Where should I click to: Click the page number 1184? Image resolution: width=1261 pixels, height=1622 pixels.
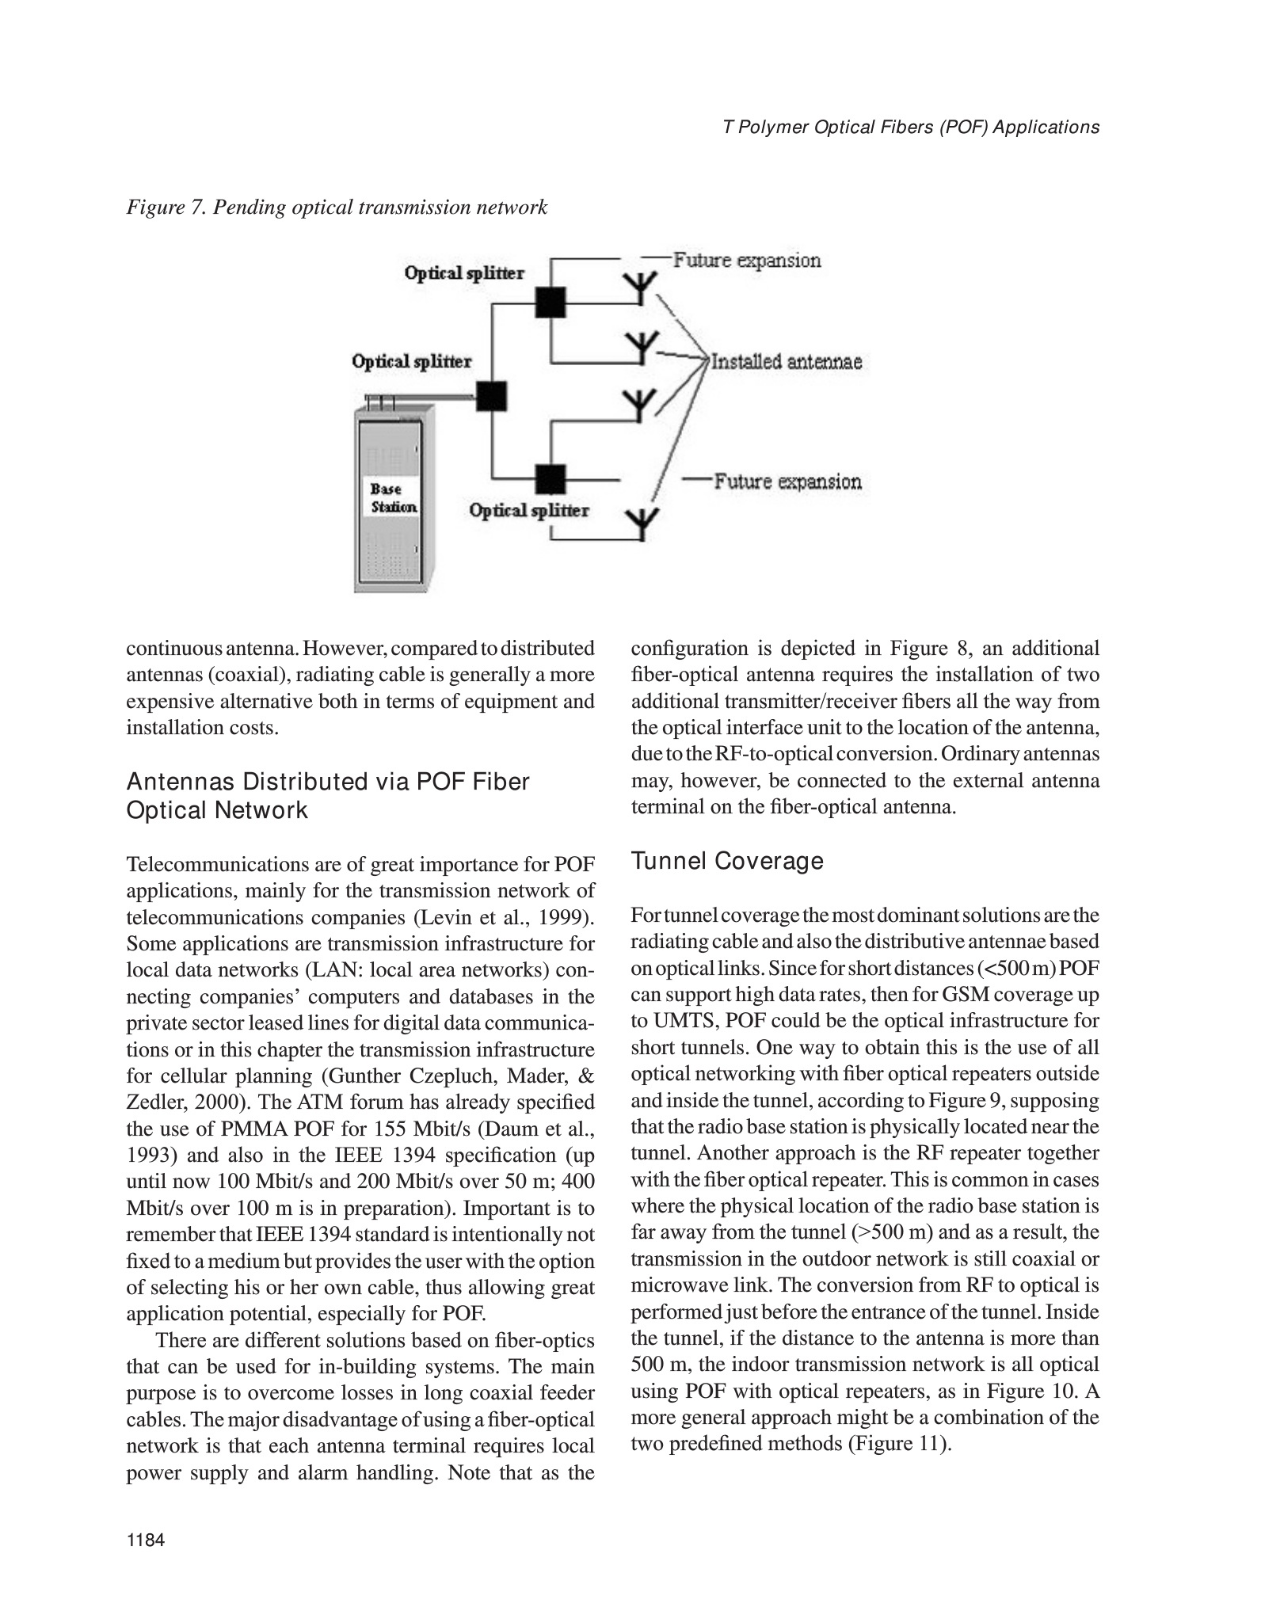point(145,1540)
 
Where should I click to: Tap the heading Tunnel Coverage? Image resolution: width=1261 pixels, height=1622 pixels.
point(727,861)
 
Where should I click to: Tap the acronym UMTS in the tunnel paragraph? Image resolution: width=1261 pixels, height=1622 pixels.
point(676,1022)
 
